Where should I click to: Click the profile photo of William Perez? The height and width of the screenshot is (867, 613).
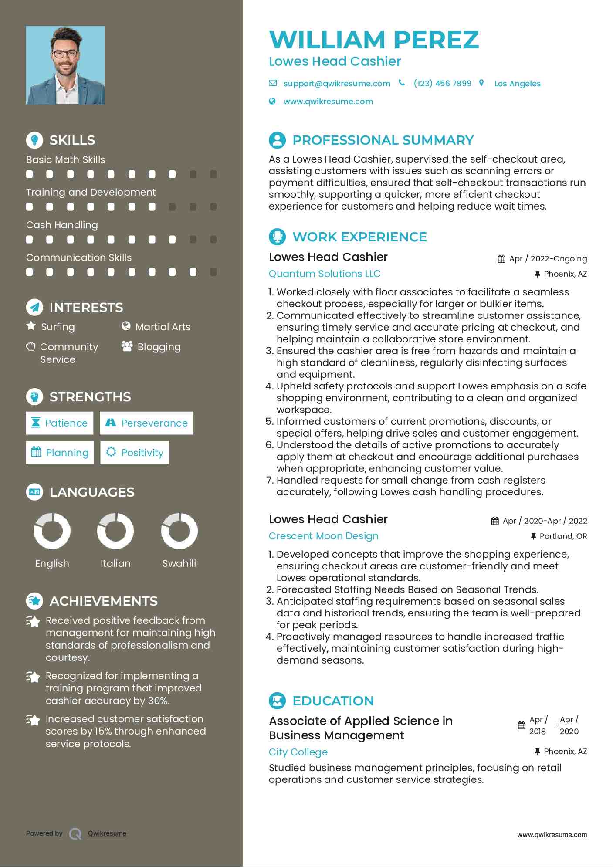click(x=65, y=65)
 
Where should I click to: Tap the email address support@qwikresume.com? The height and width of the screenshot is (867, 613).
click(x=336, y=83)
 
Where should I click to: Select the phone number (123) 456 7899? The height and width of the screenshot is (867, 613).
click(x=442, y=83)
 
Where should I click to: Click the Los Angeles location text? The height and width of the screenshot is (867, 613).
click(x=517, y=84)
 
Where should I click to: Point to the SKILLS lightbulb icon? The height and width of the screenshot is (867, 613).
click(x=34, y=140)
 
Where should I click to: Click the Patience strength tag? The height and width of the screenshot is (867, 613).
click(x=60, y=423)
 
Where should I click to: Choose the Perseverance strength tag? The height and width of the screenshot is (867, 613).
click(x=146, y=423)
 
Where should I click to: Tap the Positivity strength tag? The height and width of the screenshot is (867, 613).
click(x=135, y=453)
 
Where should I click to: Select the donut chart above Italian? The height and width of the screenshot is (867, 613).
click(x=115, y=531)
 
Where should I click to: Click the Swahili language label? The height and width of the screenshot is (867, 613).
click(x=179, y=563)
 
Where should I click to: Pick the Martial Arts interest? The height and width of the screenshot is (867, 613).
click(x=163, y=327)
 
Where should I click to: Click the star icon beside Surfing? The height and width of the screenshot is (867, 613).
click(x=31, y=325)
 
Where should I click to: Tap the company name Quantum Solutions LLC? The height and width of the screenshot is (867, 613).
click(x=324, y=274)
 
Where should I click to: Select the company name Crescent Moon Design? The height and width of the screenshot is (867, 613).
click(x=323, y=536)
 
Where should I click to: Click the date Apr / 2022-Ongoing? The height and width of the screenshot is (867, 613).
click(x=548, y=259)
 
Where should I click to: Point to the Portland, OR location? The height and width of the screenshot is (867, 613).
click(x=563, y=536)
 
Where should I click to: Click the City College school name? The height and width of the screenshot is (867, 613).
click(x=298, y=752)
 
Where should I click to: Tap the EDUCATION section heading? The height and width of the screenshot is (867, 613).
click(x=333, y=701)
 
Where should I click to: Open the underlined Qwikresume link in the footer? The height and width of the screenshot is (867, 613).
click(x=107, y=833)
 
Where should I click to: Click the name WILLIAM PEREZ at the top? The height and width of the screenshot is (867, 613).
click(x=374, y=40)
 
